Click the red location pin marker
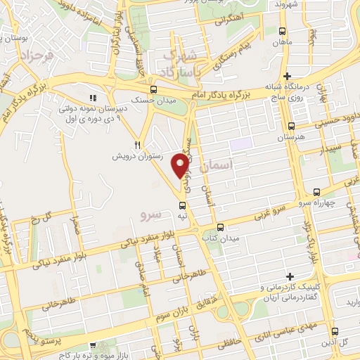(x=180, y=165)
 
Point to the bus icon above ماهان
(x=282, y=32)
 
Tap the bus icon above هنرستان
(x=291, y=127)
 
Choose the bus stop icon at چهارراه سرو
(x=316, y=191)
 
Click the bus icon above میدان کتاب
(x=221, y=227)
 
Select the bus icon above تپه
(x=183, y=205)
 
